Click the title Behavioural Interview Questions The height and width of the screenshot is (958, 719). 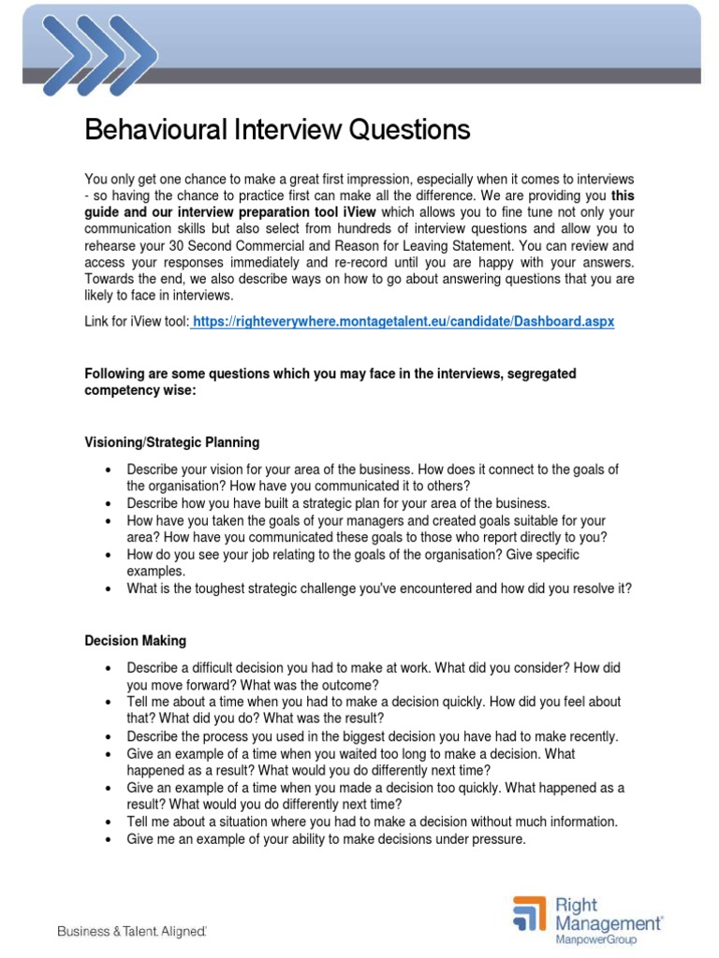point(277,130)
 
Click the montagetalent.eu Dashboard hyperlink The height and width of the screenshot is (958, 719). point(404,321)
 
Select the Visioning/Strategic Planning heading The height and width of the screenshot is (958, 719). point(172,442)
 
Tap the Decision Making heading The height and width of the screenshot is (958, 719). point(135,641)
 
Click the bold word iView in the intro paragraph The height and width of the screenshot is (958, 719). point(357,212)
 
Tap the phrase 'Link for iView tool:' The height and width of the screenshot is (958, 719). point(137,321)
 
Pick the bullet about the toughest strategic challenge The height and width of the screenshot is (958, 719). point(379,588)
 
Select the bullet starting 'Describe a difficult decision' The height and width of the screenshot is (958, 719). point(374,676)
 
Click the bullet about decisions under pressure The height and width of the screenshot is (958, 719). point(327,839)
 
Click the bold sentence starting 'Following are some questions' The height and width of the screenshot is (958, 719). point(330,381)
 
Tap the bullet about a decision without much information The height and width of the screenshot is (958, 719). point(373,821)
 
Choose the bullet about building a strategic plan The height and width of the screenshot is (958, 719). point(338,502)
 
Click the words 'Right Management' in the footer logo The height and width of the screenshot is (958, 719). point(614,913)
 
